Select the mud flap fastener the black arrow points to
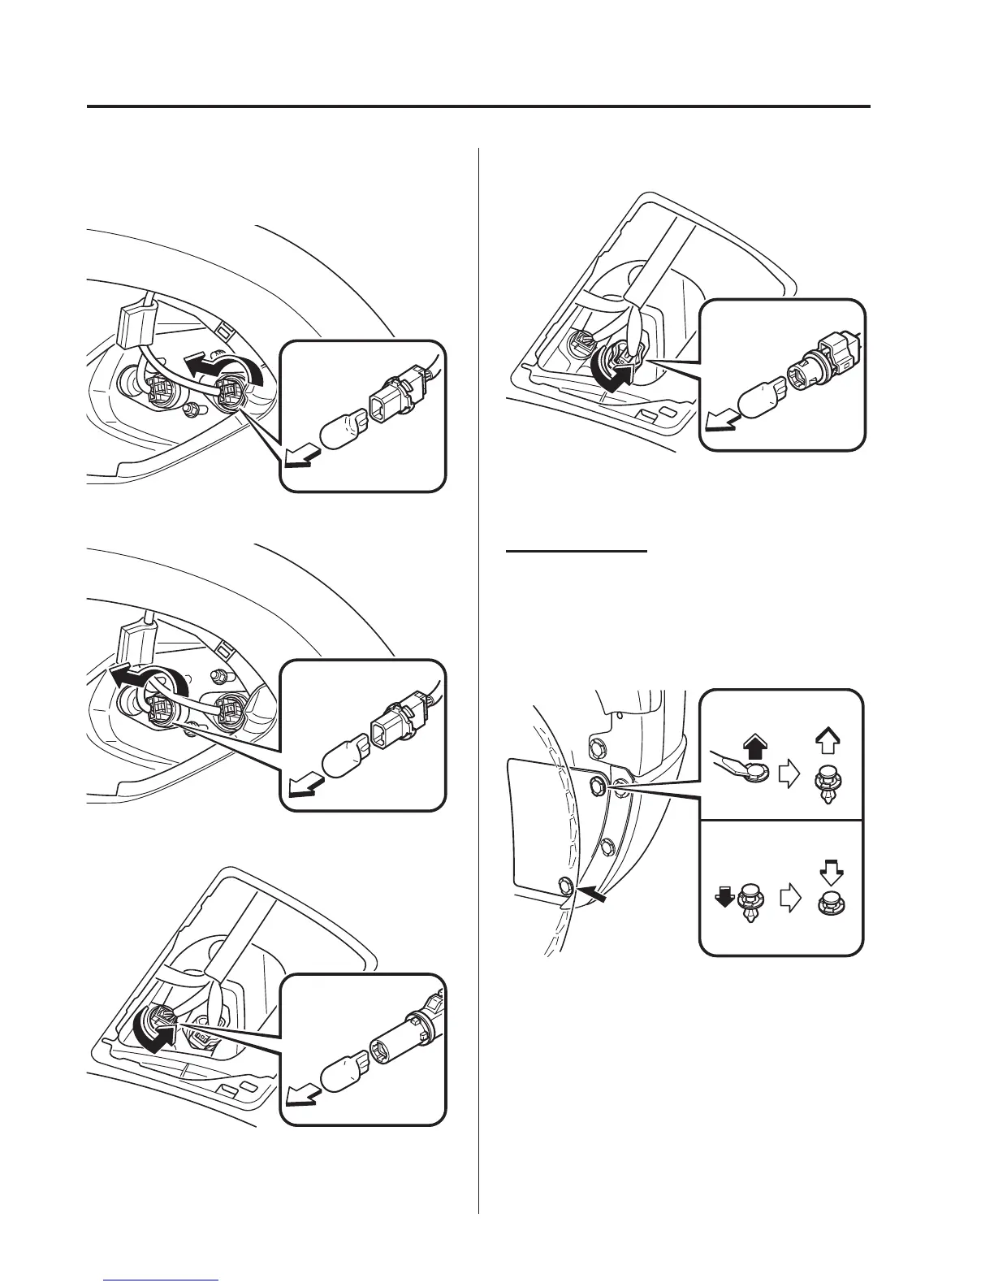[x=564, y=884]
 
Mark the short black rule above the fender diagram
[x=577, y=550]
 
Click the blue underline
[x=162, y=1280]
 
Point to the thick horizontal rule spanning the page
[x=478, y=106]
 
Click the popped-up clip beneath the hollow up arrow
[x=829, y=782]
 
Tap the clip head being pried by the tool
[x=758, y=773]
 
